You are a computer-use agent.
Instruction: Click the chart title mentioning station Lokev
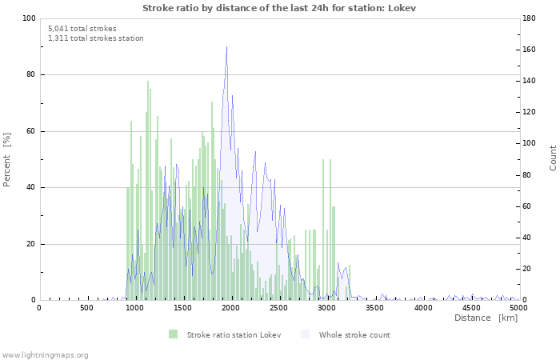pyautogui.click(x=279, y=7)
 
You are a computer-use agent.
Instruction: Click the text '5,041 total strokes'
pyautogui.click(x=82, y=28)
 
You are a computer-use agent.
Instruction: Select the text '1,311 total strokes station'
pyautogui.click(x=96, y=38)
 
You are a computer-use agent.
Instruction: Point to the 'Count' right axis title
pyautogui.click(x=553, y=158)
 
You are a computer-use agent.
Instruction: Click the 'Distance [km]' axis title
pyautogui.click(x=486, y=318)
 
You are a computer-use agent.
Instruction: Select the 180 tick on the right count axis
pyautogui.click(x=532, y=18)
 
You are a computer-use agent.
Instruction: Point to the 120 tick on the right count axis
pyautogui.click(x=532, y=112)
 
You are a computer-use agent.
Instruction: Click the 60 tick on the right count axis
pyautogui.click(x=530, y=206)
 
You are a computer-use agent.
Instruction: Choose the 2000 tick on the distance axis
pyautogui.click(x=231, y=307)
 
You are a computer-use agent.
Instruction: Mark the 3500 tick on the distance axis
pyautogui.click(x=375, y=307)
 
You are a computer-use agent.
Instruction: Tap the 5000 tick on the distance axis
pyautogui.click(x=519, y=307)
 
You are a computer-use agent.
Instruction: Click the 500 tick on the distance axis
pyautogui.click(x=86, y=307)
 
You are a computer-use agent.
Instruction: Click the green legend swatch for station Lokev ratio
pyautogui.click(x=173, y=334)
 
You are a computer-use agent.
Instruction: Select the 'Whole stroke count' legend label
pyautogui.click(x=354, y=334)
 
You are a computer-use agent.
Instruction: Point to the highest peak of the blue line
pyautogui.click(x=226, y=46)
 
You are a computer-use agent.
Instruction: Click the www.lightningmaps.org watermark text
pyautogui.click(x=45, y=354)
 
